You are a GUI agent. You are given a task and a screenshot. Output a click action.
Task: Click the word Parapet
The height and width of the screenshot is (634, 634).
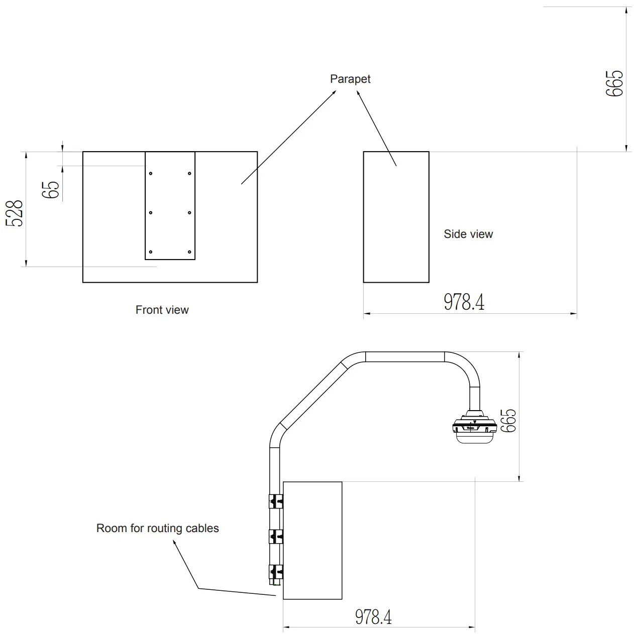350,79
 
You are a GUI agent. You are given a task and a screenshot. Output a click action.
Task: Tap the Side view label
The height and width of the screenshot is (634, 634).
468,234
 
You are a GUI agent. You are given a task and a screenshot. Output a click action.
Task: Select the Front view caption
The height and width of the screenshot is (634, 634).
162,310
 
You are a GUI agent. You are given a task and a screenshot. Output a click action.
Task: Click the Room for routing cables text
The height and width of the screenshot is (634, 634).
157,528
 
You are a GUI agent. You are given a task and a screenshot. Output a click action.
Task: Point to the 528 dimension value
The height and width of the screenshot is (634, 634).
15,213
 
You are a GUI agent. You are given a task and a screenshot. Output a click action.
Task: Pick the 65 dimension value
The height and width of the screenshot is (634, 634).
52,189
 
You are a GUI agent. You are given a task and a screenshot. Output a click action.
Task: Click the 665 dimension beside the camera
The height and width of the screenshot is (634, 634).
508,420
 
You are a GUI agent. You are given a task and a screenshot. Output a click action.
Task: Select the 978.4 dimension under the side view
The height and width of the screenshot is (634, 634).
464,302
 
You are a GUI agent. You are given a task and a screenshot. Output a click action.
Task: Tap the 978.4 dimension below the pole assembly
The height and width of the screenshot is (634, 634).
373,616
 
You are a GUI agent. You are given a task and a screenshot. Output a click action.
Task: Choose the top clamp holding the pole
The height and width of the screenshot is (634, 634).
276,501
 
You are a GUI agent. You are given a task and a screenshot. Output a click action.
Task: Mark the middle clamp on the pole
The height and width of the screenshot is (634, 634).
276,537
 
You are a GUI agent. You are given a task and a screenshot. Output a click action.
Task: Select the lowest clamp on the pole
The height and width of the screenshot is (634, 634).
276,572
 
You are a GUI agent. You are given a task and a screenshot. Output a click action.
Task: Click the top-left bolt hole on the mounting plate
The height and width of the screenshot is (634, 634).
151,174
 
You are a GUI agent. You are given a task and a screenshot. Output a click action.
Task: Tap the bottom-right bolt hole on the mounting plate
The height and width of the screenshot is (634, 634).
189,252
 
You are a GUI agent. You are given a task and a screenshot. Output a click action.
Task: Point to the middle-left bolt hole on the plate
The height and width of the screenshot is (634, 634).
151,213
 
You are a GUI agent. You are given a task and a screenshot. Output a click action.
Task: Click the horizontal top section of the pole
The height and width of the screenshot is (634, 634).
405,357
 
